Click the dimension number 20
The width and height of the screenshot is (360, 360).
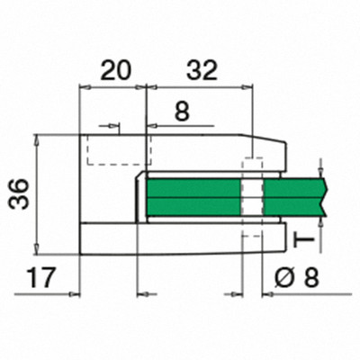[x=116, y=71]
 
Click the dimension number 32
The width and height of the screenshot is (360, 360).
[x=202, y=71]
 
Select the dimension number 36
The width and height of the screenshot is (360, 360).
[x=19, y=193]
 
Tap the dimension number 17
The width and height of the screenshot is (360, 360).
[x=41, y=278]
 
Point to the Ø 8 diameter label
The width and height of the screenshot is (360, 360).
[x=296, y=278]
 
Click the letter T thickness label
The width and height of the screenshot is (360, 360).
[x=303, y=239]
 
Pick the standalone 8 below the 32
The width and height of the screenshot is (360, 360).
[x=182, y=112]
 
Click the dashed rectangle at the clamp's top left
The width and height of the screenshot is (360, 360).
[x=120, y=150]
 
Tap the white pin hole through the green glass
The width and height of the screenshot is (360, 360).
[x=252, y=197]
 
